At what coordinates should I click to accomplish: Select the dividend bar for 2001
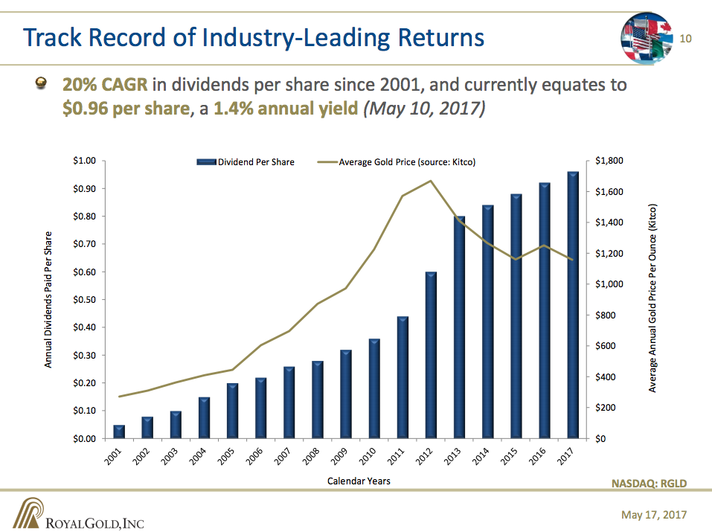coord(119,432)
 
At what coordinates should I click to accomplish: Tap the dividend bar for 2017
coord(573,305)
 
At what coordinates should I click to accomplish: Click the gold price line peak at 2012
coord(431,181)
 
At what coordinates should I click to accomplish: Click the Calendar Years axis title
coord(359,481)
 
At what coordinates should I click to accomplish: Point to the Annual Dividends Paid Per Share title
coord(48,299)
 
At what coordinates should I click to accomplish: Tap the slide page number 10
coord(686,39)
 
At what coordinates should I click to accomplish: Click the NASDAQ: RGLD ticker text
coord(649,484)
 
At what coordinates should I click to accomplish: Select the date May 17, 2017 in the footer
coord(654,515)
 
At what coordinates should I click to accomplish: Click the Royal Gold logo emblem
coord(28,513)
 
